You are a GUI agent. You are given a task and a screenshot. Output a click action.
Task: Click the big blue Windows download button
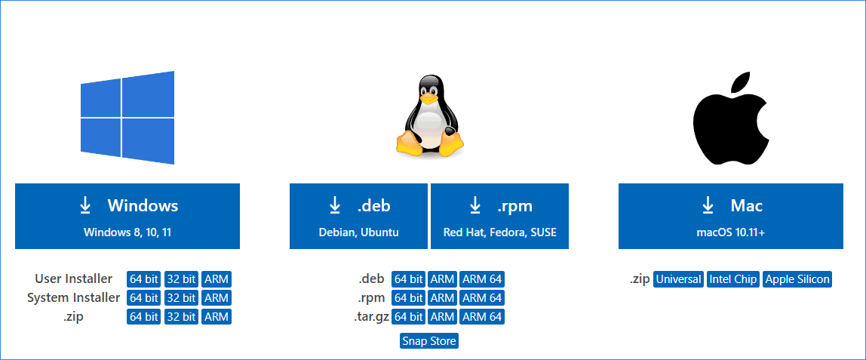127,216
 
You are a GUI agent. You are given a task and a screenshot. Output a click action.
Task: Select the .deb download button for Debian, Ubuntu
358,216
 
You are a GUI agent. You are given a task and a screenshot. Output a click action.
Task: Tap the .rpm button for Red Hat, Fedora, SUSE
499,216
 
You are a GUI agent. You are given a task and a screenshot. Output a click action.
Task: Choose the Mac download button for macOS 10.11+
730,216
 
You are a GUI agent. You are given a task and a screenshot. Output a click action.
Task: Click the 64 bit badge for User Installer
143,279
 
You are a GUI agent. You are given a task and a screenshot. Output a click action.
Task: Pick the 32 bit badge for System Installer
181,298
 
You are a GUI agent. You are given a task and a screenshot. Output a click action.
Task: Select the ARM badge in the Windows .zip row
216,317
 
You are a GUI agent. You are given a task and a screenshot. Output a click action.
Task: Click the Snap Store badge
429,341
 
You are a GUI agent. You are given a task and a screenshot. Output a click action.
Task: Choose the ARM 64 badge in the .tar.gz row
481,317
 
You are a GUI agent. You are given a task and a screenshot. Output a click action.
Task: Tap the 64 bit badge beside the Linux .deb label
408,279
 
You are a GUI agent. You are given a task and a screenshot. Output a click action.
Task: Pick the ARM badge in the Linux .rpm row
442,298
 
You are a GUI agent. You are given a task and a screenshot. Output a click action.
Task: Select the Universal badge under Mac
678,279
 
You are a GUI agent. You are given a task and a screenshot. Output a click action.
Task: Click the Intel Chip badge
732,279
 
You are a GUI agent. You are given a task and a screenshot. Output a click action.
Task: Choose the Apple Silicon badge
797,279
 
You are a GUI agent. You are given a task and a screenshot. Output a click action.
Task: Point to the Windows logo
127,117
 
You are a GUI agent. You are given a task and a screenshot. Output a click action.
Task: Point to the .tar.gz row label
371,317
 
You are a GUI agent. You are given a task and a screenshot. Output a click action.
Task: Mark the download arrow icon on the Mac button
708,205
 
